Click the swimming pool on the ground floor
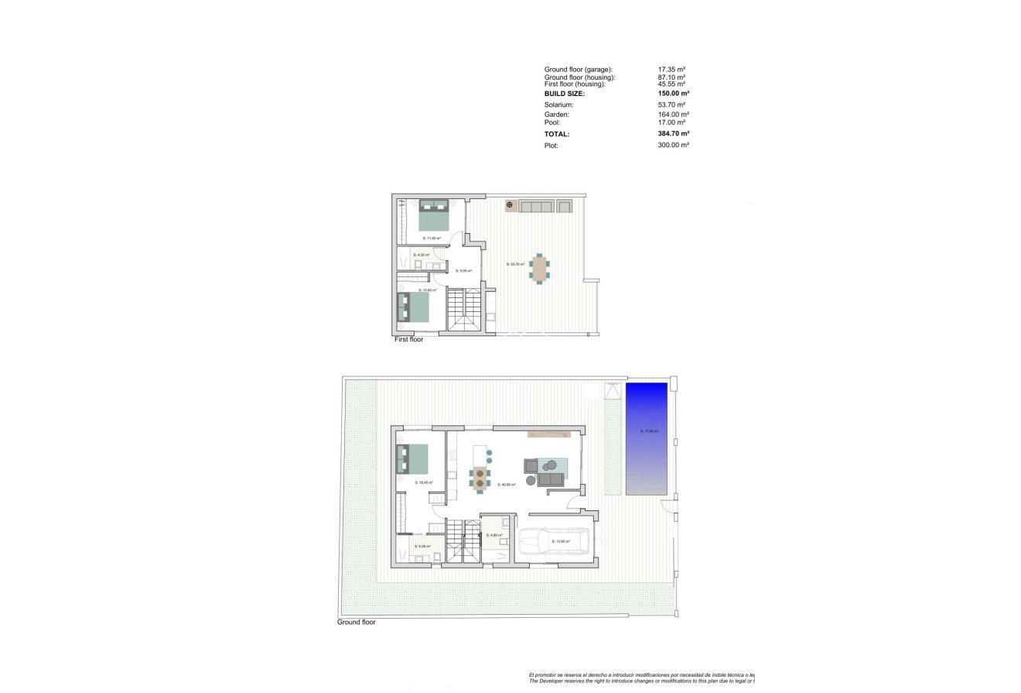[x=647, y=439]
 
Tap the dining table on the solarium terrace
[x=538, y=268]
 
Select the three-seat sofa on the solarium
[x=536, y=206]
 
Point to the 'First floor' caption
[x=409, y=339]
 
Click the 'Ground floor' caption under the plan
[x=357, y=622]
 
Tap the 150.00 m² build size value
[x=673, y=93]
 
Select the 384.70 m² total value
[x=673, y=134]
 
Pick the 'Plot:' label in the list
[x=551, y=145]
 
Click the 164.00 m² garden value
[x=673, y=115]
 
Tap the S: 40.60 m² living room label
[x=507, y=485]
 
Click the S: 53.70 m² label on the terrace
[x=515, y=264]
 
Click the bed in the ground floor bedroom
[x=412, y=458]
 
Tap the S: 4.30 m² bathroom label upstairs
[x=422, y=255]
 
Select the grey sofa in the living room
[x=551, y=480]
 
